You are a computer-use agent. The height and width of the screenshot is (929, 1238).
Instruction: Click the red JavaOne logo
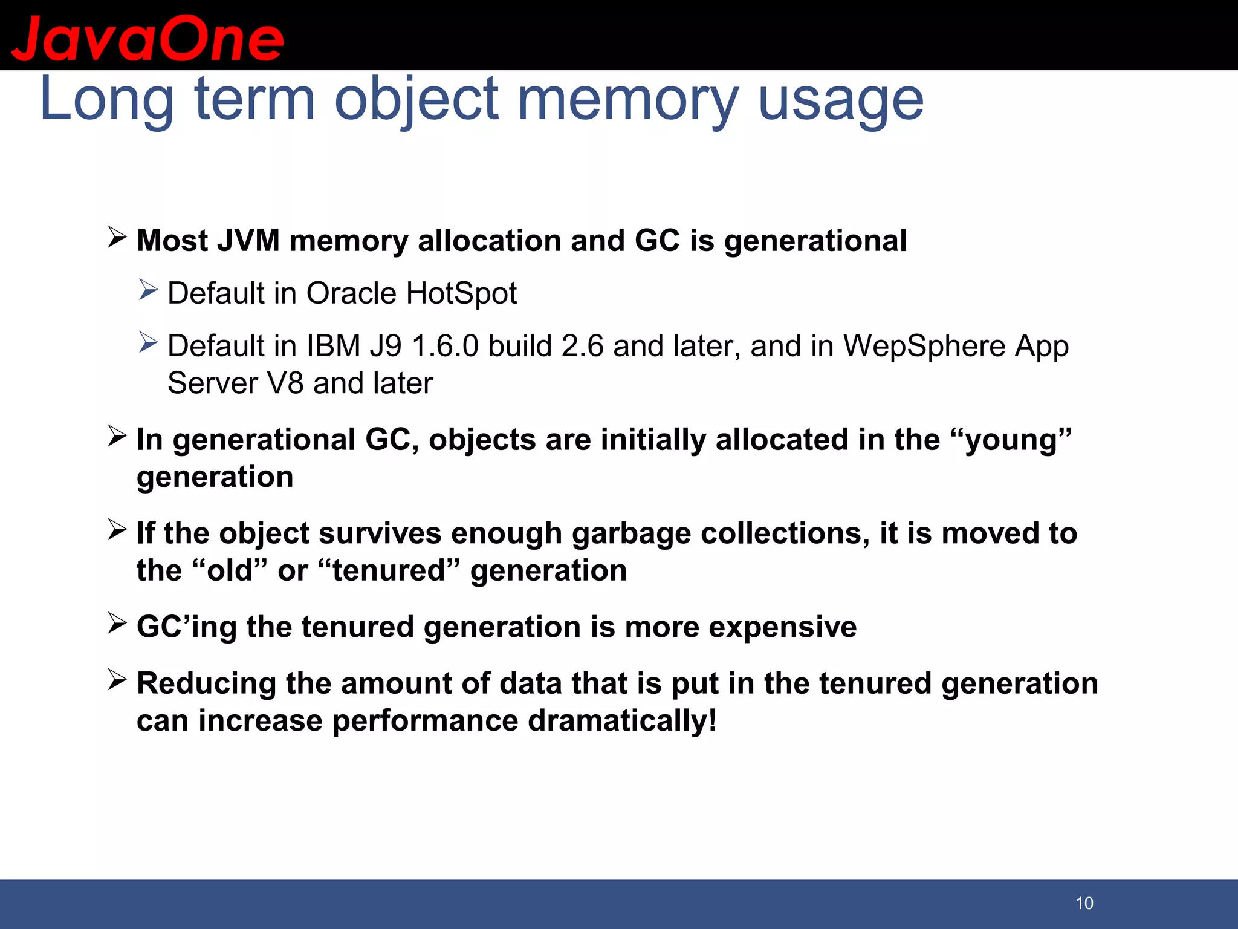pos(147,39)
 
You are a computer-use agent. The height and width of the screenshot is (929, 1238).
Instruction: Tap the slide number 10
pos(1084,903)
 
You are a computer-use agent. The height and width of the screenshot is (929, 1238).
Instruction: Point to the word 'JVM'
pos(248,241)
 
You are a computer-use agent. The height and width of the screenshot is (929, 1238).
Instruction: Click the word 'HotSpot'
pos(461,293)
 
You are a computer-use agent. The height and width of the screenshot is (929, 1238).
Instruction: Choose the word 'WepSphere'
pos(924,347)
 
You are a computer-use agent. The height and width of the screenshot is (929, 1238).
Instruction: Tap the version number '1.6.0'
pos(446,347)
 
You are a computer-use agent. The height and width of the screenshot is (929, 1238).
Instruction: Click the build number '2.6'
pos(583,347)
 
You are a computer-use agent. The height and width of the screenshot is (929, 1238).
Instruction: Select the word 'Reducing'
pos(207,683)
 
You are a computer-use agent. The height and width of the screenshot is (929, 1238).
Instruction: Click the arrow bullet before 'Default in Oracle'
pos(147,290)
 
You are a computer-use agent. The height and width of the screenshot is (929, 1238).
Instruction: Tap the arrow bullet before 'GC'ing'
pos(117,623)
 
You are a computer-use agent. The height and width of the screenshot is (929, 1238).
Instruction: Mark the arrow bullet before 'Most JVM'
pos(117,237)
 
